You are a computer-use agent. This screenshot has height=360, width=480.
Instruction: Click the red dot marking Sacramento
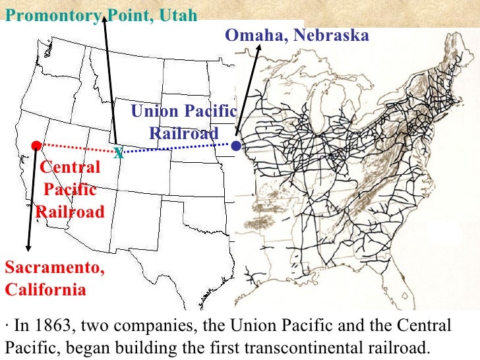36,145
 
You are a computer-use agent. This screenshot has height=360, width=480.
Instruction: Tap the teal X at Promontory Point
118,154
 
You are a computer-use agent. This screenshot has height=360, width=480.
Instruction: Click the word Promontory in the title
50,15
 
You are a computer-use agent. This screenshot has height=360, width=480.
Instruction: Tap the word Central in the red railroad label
71,167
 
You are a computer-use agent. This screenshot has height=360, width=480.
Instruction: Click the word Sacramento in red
54,268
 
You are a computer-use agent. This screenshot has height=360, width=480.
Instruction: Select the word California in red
45,289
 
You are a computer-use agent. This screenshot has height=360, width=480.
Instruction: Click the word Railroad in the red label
69,212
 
